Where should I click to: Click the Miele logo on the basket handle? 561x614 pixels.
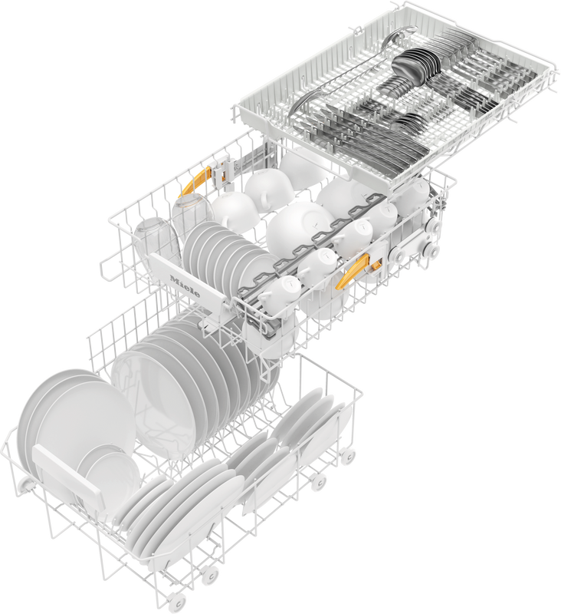[185, 286]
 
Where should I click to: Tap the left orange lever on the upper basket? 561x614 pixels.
[195, 182]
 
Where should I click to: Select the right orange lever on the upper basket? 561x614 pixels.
[359, 269]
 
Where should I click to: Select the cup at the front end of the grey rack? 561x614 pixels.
[280, 295]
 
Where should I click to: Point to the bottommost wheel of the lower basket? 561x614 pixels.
[178, 603]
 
